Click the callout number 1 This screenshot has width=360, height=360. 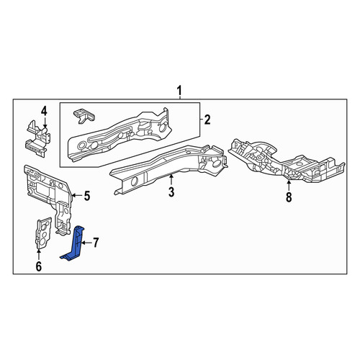tap(179, 91)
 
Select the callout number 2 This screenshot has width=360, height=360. tap(207, 120)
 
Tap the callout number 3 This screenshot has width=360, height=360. tap(171, 192)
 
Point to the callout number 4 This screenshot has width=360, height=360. tap(44, 112)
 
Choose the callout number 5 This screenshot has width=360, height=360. tap(86, 196)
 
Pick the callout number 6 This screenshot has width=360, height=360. tap(39, 266)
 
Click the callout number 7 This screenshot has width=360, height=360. tap(96, 243)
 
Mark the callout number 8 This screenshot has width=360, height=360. tap(289, 197)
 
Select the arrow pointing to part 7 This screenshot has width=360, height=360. tap(86, 243)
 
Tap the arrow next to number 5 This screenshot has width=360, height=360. tap(77, 196)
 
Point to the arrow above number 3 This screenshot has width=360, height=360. tap(171, 180)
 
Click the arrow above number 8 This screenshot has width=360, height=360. tap(289, 185)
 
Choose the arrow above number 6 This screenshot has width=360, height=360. tap(38, 255)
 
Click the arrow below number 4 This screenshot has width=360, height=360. tap(45, 122)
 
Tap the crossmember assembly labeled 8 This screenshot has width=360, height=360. tap(287, 160)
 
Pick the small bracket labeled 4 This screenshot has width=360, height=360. tap(37, 138)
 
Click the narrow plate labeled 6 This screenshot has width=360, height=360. tap(43, 233)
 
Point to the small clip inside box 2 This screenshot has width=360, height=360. tap(84, 116)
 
